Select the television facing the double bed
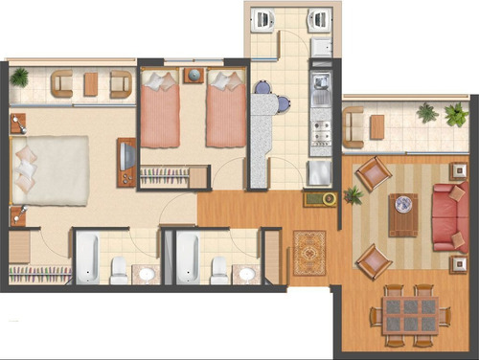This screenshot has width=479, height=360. (125, 162)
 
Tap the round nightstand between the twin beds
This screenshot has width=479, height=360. (194, 75)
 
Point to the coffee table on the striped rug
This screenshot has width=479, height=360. (403, 214)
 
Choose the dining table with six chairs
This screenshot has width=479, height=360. (410, 312)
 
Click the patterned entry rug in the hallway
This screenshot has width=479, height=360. (309, 253)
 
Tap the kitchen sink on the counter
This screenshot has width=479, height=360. (320, 93)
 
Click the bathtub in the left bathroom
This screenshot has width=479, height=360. (87, 258)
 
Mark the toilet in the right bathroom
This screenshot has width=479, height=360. (219, 269)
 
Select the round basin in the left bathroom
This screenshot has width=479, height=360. (147, 274)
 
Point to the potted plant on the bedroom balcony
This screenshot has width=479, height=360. (20, 77)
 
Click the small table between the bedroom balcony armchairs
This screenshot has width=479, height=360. (91, 84)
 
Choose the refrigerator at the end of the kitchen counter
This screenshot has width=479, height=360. (317, 172)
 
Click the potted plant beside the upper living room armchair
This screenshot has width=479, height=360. (353, 195)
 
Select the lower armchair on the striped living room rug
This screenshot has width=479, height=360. (372, 259)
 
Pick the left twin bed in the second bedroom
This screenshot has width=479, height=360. (161, 112)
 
